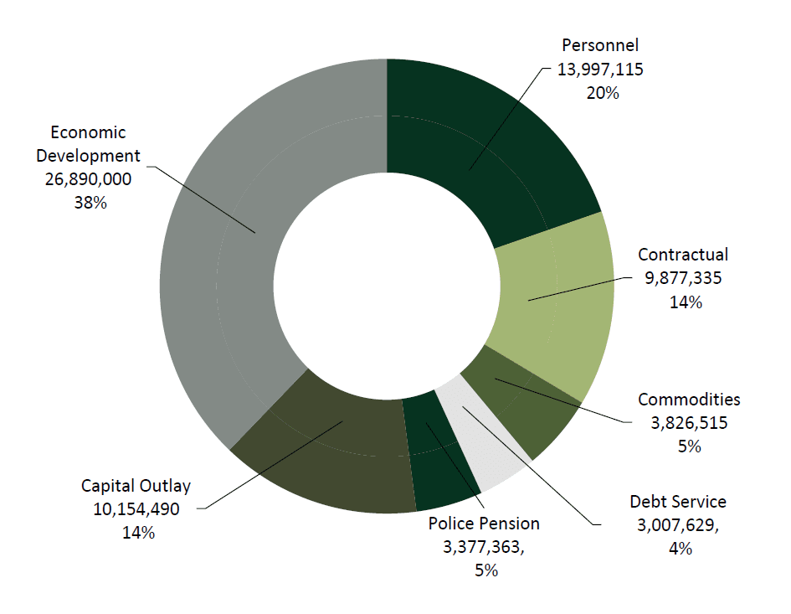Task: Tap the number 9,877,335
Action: [x=683, y=278]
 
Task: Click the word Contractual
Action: [x=683, y=255]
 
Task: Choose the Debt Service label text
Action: [x=678, y=502]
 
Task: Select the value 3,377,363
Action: [x=485, y=547]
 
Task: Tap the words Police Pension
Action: [x=484, y=524]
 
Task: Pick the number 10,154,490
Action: [x=136, y=509]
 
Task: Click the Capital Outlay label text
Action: [x=136, y=486]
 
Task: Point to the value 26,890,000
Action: [x=90, y=179]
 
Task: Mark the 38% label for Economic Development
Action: [x=90, y=203]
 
